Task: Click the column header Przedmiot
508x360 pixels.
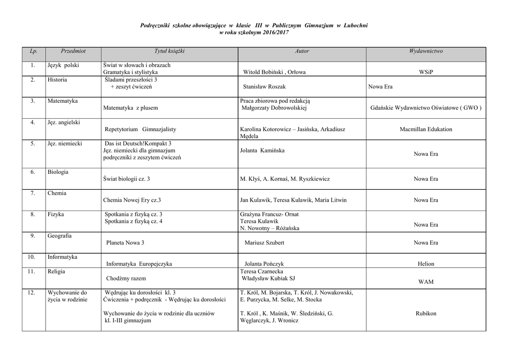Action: click(73, 51)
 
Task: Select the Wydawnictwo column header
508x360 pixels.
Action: click(426, 51)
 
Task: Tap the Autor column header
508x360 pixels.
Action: click(302, 51)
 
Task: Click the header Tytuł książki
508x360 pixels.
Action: click(169, 51)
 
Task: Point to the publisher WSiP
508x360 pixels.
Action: click(426, 72)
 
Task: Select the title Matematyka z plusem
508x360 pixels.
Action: click(130, 108)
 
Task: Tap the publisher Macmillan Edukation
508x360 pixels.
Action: click(426, 130)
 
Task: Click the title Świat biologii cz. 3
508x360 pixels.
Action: click(127, 179)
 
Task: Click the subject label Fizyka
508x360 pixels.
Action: click(56, 215)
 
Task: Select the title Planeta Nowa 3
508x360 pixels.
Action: click(126, 243)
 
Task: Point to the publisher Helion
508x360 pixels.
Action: click(426, 264)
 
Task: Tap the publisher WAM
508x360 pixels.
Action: click(426, 282)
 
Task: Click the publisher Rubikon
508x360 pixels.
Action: click(426, 313)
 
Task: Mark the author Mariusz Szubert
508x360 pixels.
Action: click(265, 243)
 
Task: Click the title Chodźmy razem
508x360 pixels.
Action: click(126, 279)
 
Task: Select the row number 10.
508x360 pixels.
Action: click(31, 257)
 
